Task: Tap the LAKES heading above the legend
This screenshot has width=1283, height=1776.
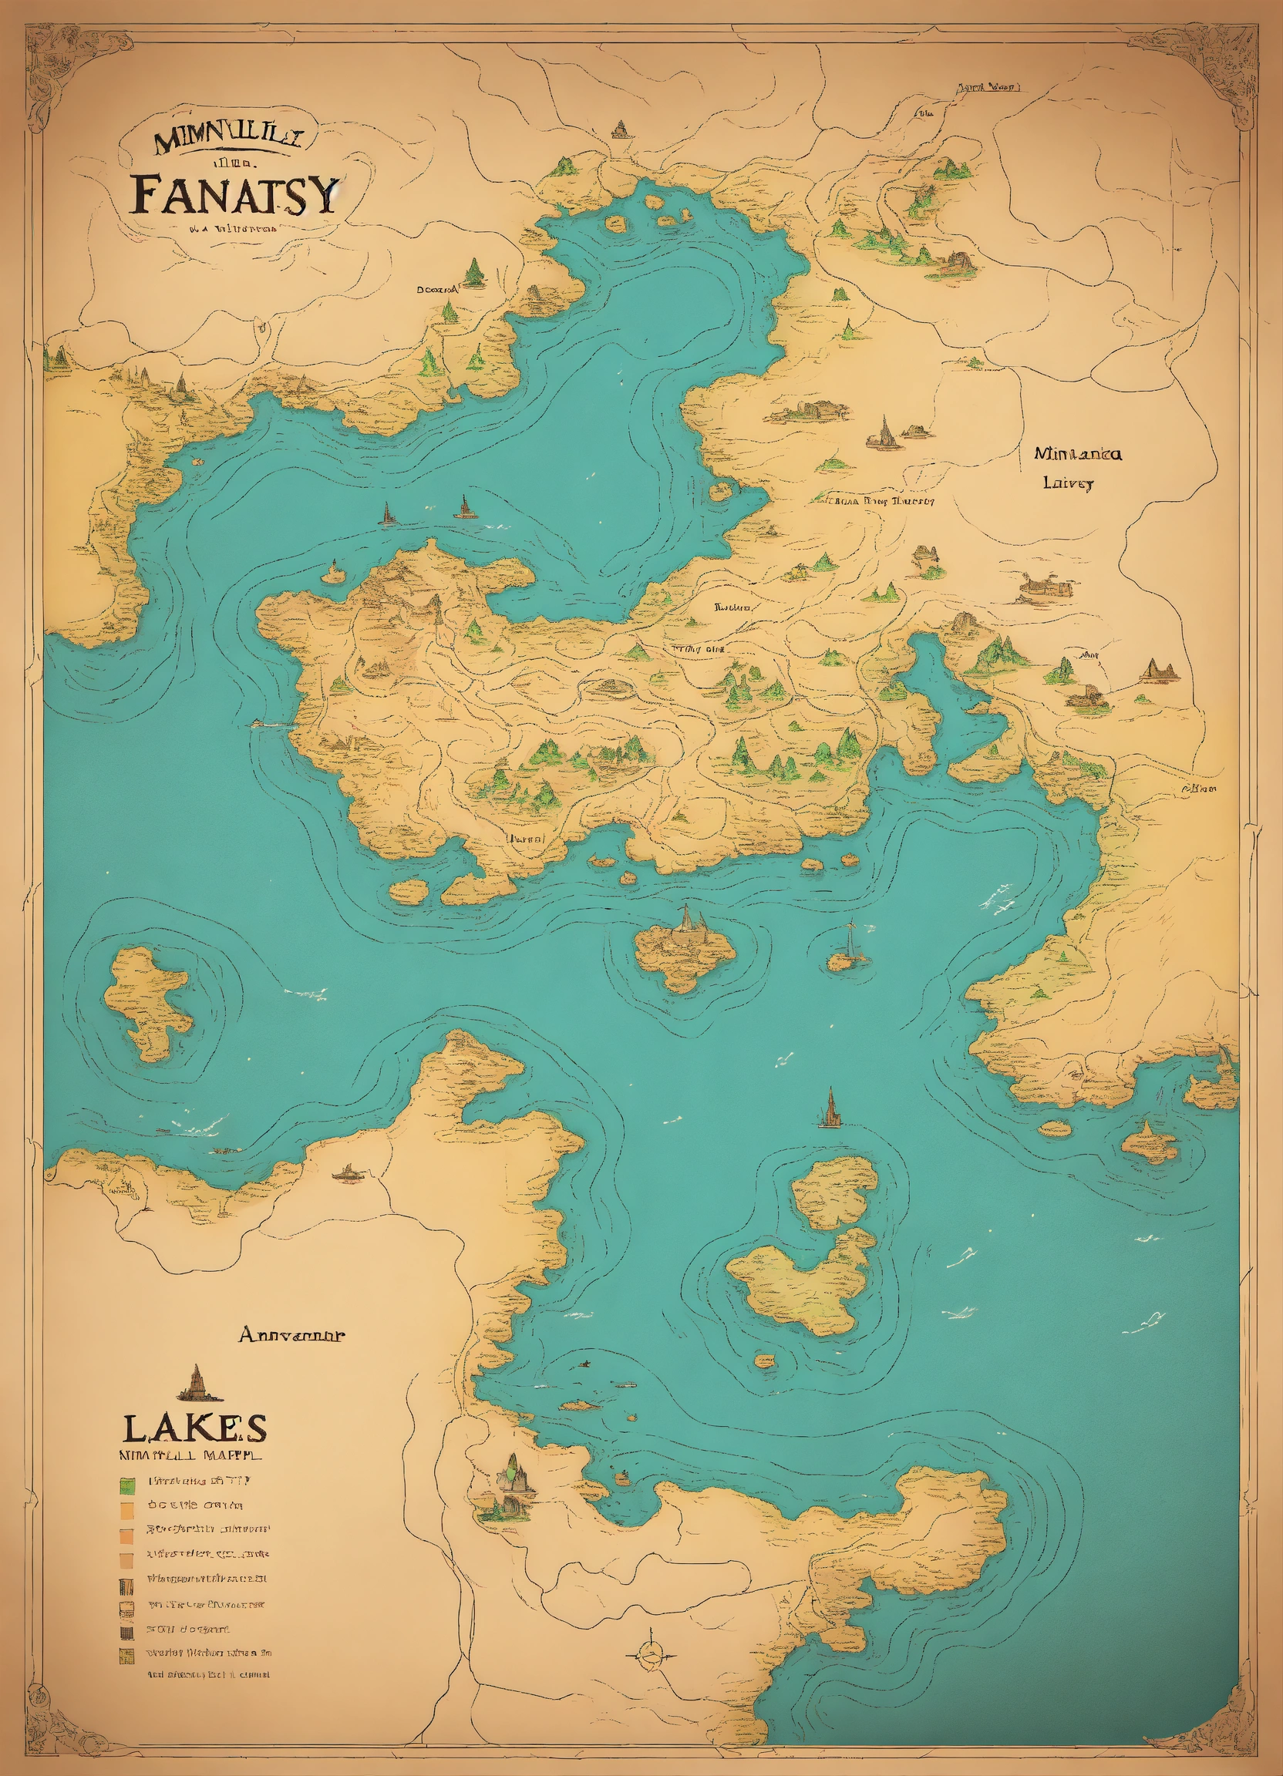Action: click(194, 1428)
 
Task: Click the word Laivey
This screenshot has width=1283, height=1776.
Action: click(1068, 483)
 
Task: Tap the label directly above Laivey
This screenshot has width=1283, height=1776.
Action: click(1077, 453)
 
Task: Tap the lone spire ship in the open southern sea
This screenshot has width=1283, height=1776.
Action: click(829, 1109)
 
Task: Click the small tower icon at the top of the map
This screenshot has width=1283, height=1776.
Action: click(621, 129)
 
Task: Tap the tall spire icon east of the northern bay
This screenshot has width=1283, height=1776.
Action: click(884, 433)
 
